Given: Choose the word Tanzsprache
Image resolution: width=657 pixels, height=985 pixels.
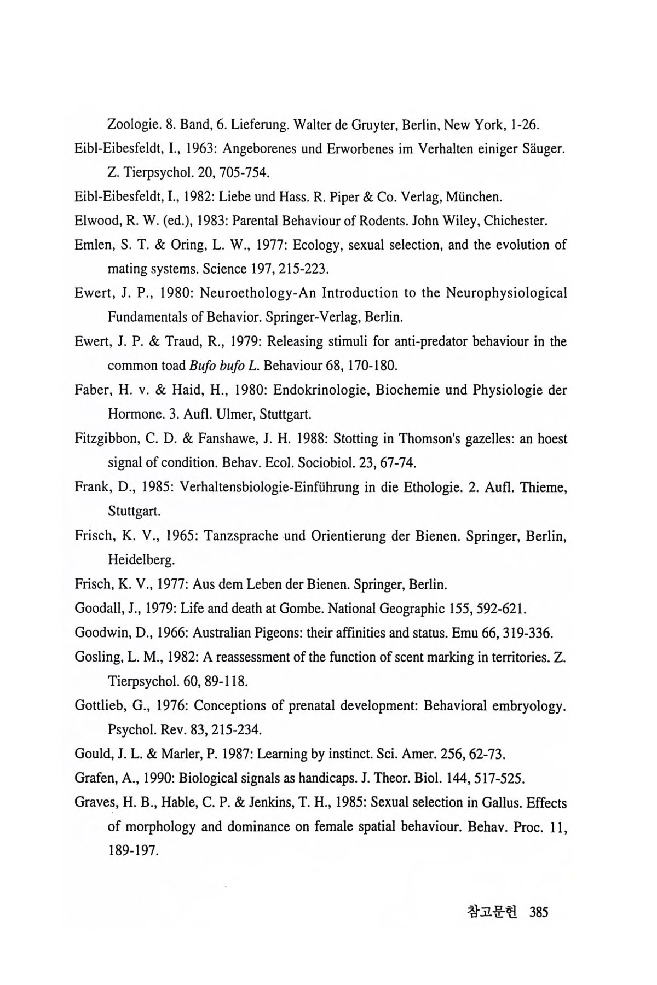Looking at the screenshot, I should [240, 535].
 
